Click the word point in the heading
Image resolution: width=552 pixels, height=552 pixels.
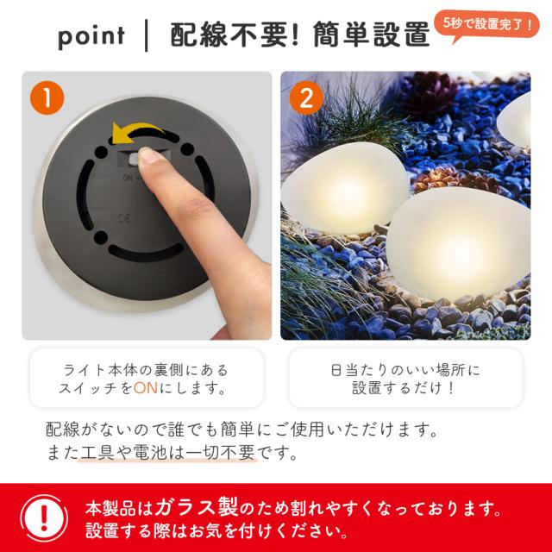[x=91, y=36]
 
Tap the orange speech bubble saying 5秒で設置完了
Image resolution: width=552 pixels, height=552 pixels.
[x=486, y=25]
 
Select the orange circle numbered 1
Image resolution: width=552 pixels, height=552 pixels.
[x=47, y=97]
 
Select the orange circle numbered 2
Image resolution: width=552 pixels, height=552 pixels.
[x=306, y=97]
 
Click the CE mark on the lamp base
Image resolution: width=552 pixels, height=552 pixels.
[x=124, y=218]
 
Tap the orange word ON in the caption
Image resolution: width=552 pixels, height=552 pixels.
[x=146, y=388]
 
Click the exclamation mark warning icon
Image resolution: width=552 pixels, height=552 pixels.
[x=44, y=518]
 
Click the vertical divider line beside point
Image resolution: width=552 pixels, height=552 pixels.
[x=146, y=36]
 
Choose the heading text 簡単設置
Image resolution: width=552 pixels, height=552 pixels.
[x=372, y=34]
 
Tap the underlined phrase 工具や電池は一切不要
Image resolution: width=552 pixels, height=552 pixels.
[x=167, y=452]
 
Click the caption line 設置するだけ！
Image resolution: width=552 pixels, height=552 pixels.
[x=405, y=388]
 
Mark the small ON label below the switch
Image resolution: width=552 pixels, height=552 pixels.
[x=129, y=178]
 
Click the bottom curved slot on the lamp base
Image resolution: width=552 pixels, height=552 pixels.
[x=146, y=252]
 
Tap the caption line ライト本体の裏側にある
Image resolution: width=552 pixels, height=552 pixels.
[x=146, y=370]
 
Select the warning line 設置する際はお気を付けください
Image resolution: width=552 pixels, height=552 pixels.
[x=216, y=531]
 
